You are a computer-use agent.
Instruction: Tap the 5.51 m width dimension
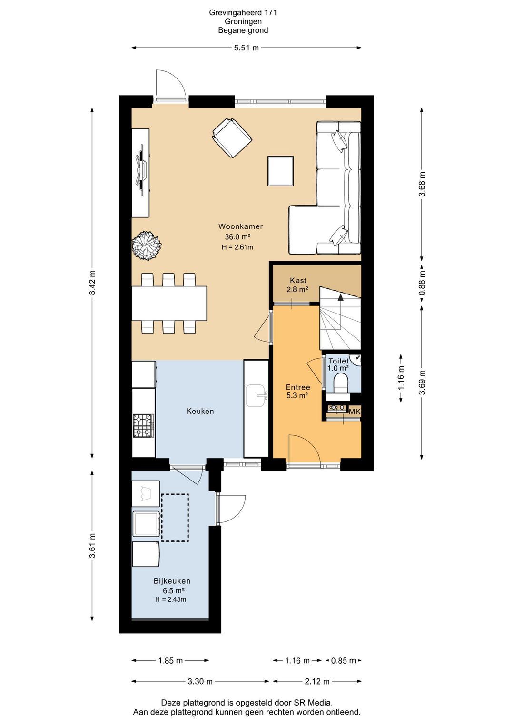pos(247,48)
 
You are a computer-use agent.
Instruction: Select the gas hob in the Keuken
pos(143,425)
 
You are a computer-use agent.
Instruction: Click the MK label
pos(355,412)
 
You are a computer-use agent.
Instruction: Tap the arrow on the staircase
pos(340,311)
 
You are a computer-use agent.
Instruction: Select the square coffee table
pos(280,171)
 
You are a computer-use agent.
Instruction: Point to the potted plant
pos(147,245)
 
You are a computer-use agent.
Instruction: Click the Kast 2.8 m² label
pos(297,285)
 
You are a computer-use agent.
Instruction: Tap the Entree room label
pos(298,387)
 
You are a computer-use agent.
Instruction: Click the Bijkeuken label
pos(172,581)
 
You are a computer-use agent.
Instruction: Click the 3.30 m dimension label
pos(200,682)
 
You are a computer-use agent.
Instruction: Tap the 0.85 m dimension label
pos(344,660)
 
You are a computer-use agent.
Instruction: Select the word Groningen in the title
pos(243,21)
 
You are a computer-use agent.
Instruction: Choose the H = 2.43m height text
pos(170,599)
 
